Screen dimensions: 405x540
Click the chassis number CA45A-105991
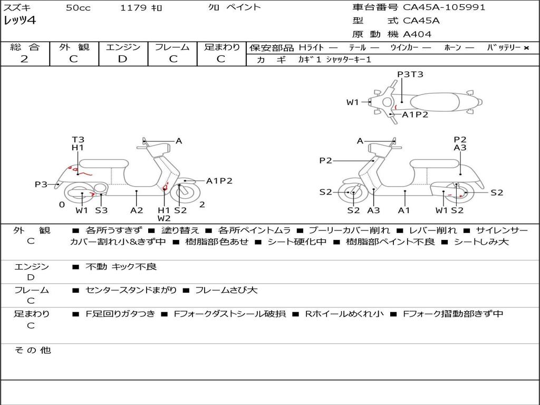(x=444, y=7)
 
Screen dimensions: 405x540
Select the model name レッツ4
(x=20, y=21)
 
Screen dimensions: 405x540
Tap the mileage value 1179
(x=133, y=8)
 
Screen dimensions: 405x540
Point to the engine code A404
(x=417, y=34)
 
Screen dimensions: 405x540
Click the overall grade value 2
(x=24, y=59)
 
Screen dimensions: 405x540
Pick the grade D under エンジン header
(x=122, y=59)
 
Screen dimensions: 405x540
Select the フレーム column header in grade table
(x=172, y=47)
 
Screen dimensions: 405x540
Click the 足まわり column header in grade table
(x=221, y=47)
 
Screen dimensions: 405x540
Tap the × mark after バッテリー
(x=526, y=48)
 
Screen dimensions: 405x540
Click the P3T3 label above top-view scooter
(x=410, y=74)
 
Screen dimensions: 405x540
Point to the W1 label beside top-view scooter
(x=352, y=102)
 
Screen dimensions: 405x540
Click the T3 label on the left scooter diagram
(x=78, y=140)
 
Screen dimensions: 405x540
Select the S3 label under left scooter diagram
(x=101, y=210)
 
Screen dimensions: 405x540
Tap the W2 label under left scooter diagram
(x=164, y=218)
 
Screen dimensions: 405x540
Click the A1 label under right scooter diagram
(x=404, y=210)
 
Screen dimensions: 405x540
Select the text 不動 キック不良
(x=121, y=267)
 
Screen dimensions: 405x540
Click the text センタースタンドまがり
(x=131, y=290)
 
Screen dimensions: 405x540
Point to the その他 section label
(x=32, y=350)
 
